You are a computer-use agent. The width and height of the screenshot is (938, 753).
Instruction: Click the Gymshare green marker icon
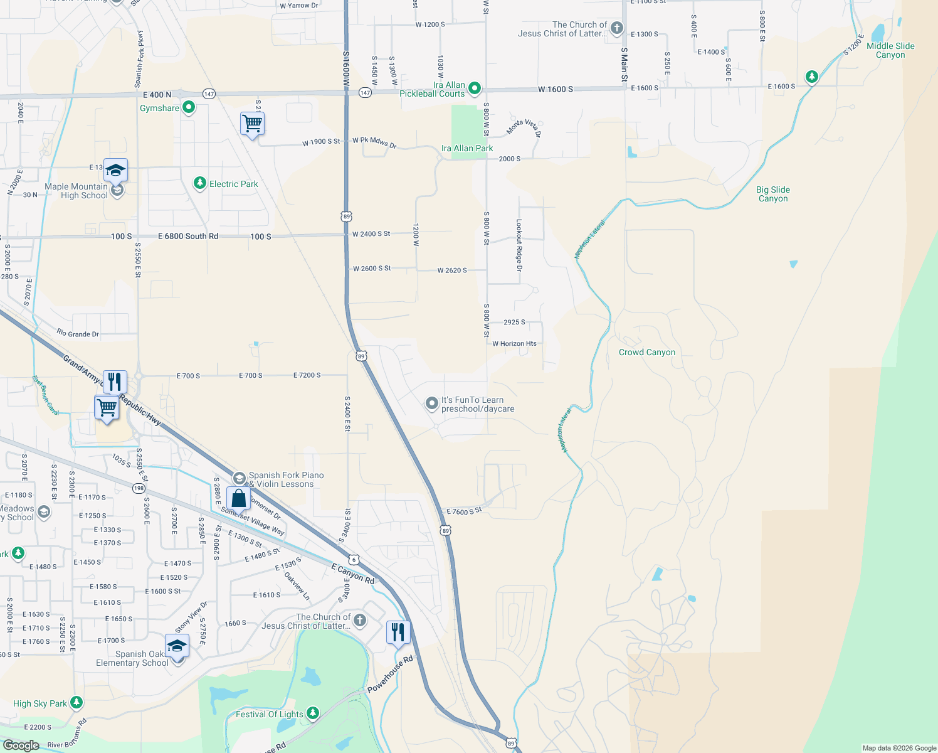[x=188, y=108]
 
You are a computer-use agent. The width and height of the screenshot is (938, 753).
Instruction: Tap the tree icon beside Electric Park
[x=199, y=183]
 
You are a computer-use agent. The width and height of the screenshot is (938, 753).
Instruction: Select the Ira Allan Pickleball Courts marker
[x=475, y=88]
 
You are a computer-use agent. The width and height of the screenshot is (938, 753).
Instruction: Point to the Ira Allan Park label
[x=467, y=149]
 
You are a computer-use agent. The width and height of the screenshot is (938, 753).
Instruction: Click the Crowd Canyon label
[x=647, y=353]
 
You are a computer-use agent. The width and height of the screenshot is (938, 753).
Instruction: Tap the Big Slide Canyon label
[x=773, y=195]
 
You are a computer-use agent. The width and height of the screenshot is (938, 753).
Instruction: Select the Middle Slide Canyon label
[x=890, y=50]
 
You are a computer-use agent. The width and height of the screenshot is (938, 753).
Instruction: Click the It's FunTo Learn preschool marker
[x=431, y=403]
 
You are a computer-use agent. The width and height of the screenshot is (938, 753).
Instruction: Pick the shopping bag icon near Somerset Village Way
[x=238, y=498]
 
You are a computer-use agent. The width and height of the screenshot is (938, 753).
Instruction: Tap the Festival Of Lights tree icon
[x=312, y=713]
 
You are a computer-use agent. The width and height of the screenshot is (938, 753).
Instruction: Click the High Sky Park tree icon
[x=76, y=703]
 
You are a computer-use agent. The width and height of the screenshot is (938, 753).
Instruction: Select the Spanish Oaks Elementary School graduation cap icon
[x=177, y=646]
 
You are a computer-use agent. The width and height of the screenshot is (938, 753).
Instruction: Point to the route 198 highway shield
[x=139, y=488]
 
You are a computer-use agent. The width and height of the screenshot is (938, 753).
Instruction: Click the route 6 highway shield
[x=354, y=559]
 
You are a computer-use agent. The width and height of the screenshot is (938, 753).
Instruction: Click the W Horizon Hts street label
[x=514, y=344]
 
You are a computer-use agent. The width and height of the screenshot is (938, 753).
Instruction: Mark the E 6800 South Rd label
[x=188, y=237]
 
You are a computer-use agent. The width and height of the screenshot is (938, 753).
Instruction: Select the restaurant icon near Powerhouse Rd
[x=398, y=633]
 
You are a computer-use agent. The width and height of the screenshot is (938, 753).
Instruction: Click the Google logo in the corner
[x=21, y=745]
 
